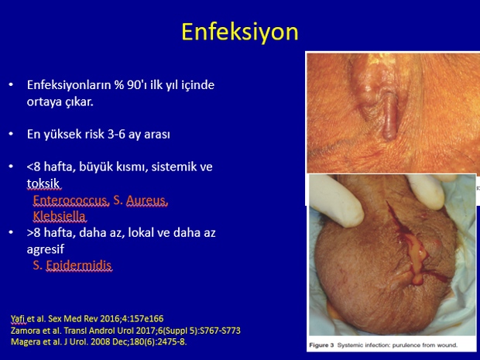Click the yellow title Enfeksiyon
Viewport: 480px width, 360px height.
point(240,33)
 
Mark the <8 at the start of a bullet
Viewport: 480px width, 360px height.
point(33,167)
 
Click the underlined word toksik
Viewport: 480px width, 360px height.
point(43,183)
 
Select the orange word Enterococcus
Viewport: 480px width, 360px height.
point(71,201)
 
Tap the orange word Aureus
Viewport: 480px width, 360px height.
point(147,201)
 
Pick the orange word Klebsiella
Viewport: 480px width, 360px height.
point(59,216)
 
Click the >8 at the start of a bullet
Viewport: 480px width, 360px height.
point(33,233)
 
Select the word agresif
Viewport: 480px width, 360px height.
point(46,249)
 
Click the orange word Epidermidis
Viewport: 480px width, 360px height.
point(79,266)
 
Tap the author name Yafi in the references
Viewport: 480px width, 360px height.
point(18,319)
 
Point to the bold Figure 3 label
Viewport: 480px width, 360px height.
point(321,345)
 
